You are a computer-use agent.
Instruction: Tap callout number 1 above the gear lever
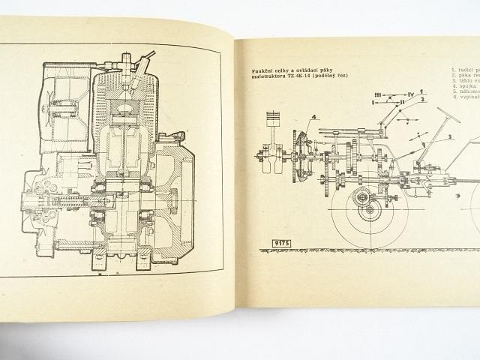421,94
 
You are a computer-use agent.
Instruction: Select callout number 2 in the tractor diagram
421,101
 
